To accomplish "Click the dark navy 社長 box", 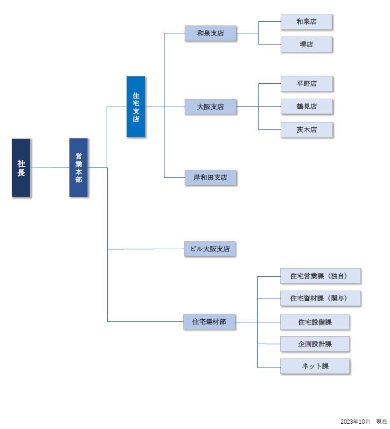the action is (x=21, y=168).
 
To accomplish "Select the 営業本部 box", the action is (x=79, y=168).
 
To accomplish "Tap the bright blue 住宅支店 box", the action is (x=136, y=107).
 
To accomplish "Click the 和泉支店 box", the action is (x=210, y=33).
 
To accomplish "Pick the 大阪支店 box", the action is (x=210, y=107).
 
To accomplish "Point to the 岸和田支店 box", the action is (x=210, y=178).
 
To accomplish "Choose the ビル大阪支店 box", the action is (x=210, y=249).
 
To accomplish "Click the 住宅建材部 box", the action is (x=209, y=322).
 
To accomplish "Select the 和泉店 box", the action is (x=307, y=22).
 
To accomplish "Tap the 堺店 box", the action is (x=307, y=45).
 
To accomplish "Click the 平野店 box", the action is (x=307, y=84).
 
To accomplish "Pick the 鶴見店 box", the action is (x=307, y=107).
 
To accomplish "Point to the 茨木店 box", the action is (x=307, y=130).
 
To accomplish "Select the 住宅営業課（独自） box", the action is (x=320, y=276).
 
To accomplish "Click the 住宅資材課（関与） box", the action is (x=320, y=298).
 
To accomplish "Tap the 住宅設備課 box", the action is (x=315, y=322).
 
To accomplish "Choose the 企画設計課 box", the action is (x=315, y=344).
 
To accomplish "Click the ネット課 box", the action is (x=315, y=366).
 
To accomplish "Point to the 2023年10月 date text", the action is (x=355, y=422).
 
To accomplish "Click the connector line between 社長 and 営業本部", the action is (x=50, y=168).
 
